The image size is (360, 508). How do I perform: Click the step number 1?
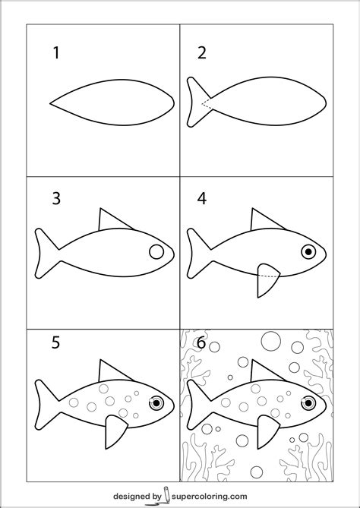pyautogui.click(x=56, y=53)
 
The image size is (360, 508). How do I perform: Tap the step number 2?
pyautogui.click(x=202, y=53)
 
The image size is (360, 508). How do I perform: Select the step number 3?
pyautogui.click(x=56, y=199)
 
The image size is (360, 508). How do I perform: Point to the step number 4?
pyautogui.click(x=202, y=199)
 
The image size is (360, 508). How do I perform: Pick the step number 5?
pyautogui.click(x=55, y=342)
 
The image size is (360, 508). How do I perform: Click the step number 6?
pyautogui.click(x=201, y=342)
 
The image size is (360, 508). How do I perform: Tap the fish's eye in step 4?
pyautogui.click(x=308, y=251)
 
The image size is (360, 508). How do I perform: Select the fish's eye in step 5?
pyautogui.click(x=156, y=402)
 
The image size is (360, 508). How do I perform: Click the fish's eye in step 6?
pyautogui.click(x=308, y=402)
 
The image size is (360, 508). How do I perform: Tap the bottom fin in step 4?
pyautogui.click(x=267, y=279)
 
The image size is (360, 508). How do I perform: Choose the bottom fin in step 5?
pyautogui.click(x=115, y=431)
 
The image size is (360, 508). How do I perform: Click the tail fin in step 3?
pyautogui.click(x=46, y=254)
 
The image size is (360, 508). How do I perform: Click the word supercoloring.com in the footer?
pyautogui.click(x=209, y=496)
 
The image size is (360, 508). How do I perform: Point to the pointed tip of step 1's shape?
pyautogui.click(x=50, y=104)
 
